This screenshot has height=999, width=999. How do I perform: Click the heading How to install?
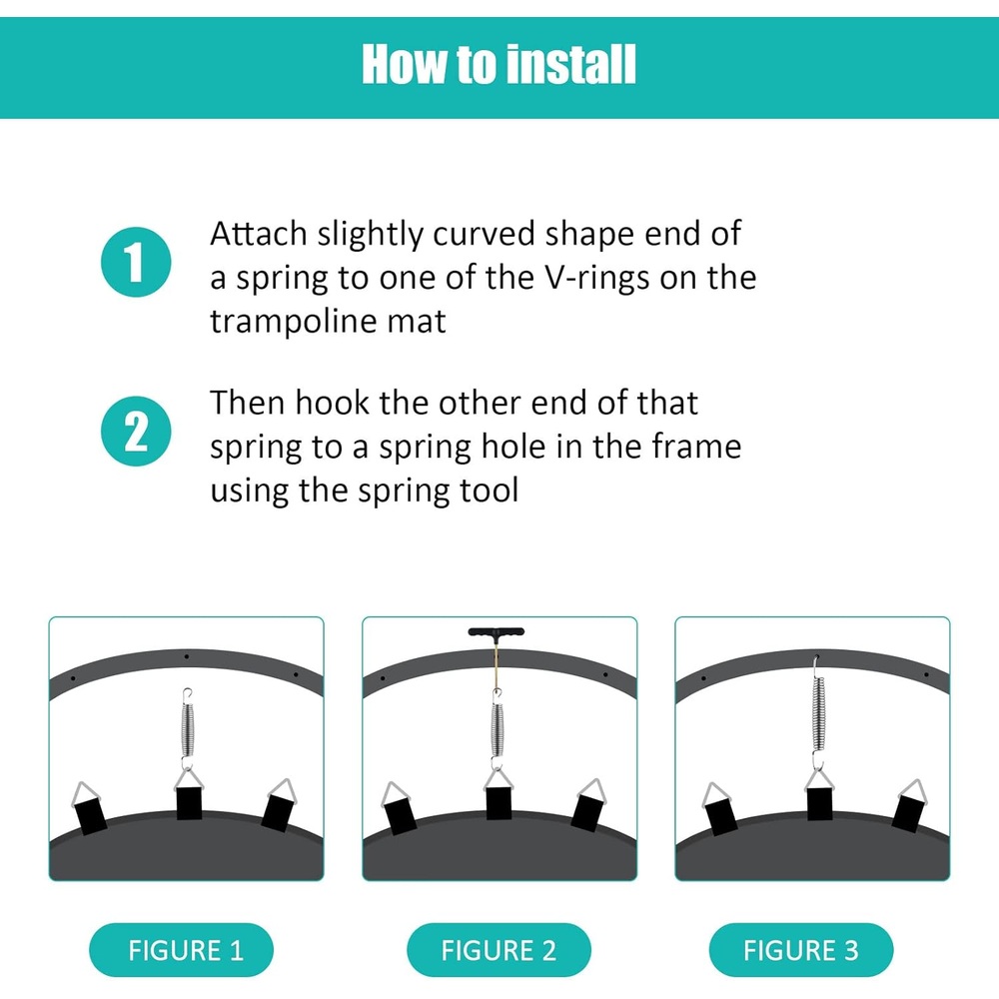point(499,64)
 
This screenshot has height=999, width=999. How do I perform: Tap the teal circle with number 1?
point(136,262)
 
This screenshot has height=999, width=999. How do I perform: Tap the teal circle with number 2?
point(136,432)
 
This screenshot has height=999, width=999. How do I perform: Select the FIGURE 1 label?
point(182,950)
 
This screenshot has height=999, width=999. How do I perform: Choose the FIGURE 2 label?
point(499,950)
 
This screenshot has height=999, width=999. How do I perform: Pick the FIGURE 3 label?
point(801,950)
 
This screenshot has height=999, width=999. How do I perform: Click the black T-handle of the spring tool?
point(497,632)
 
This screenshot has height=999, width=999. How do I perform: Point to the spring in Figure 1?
point(188,730)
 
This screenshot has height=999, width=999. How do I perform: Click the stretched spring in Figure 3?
point(819,712)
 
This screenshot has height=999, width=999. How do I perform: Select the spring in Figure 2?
point(497,730)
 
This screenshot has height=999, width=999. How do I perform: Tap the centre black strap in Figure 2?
point(499,803)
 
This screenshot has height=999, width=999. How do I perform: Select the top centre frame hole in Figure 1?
point(186,656)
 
